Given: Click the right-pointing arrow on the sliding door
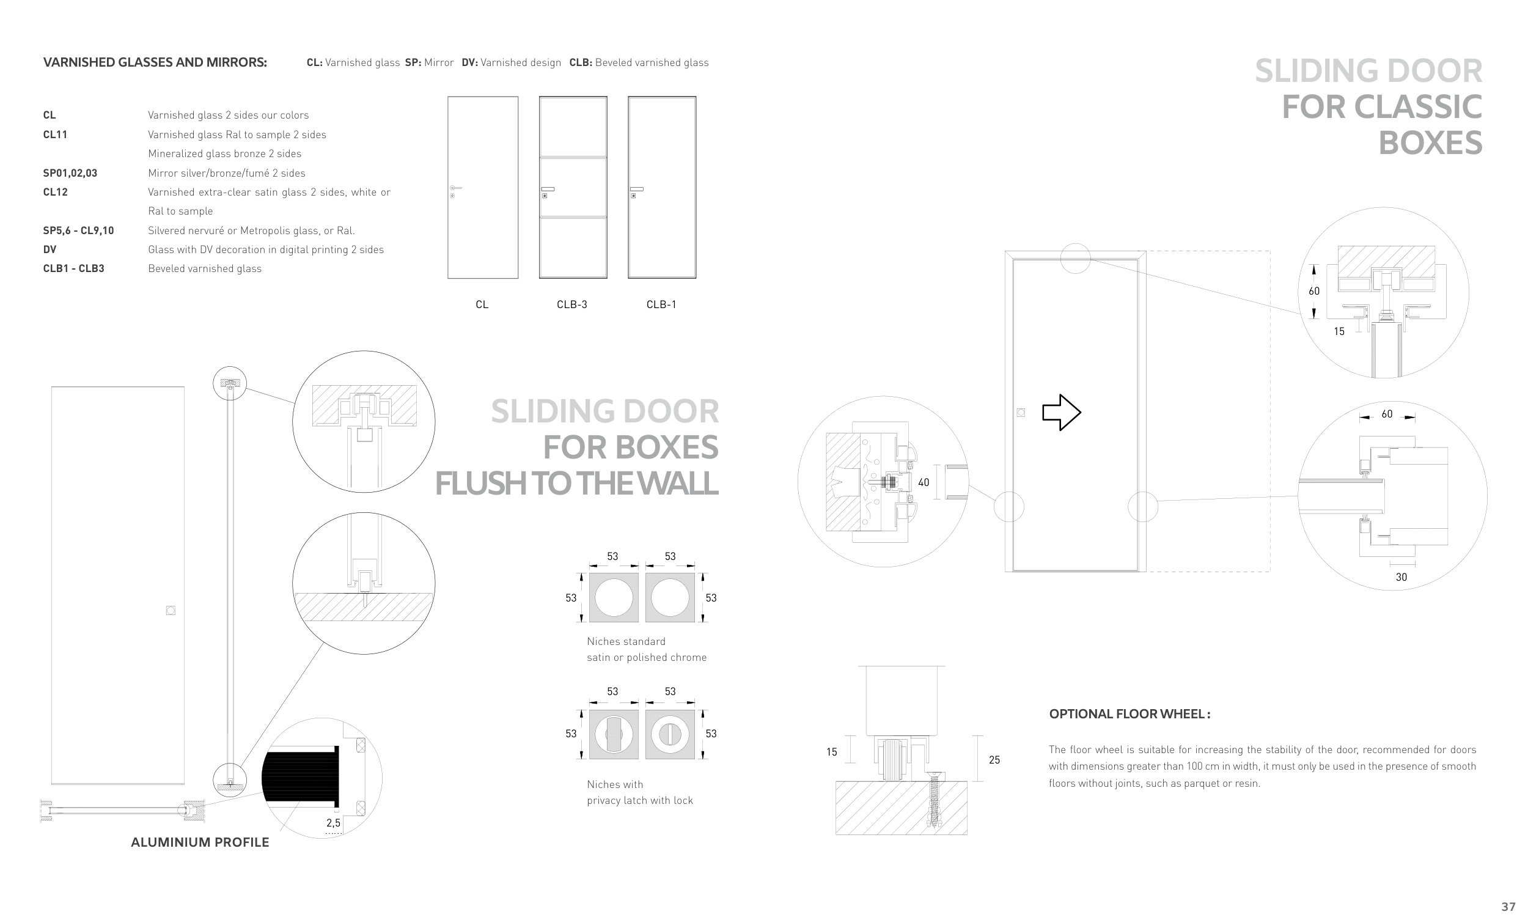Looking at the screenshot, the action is [x=1061, y=412].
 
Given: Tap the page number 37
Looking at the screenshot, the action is [x=1508, y=907].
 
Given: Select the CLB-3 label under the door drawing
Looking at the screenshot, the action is [x=572, y=304].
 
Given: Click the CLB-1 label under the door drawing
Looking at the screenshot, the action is [x=661, y=304].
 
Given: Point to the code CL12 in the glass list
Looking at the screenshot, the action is [x=56, y=192].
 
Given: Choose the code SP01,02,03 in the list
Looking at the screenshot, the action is [x=70, y=173].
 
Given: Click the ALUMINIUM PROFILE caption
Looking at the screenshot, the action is [x=200, y=842].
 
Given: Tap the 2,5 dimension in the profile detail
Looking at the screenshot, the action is [x=334, y=822].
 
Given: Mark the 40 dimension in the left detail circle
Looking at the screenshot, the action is [x=924, y=482].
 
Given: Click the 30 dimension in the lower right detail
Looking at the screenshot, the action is [x=1401, y=577].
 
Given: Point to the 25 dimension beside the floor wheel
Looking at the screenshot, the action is [x=994, y=760].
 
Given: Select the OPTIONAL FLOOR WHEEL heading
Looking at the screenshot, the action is [x=1129, y=714].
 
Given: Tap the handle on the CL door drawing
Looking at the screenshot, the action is [x=456, y=188].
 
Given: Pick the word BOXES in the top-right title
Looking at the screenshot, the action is [x=1430, y=142].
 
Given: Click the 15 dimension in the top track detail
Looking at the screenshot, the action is [x=1339, y=331].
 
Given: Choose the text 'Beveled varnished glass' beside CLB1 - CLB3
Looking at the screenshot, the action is [x=205, y=269].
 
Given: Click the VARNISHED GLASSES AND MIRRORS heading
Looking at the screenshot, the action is [x=155, y=62].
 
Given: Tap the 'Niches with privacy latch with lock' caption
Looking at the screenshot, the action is [x=640, y=792].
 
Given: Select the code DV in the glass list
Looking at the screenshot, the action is [x=50, y=249].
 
